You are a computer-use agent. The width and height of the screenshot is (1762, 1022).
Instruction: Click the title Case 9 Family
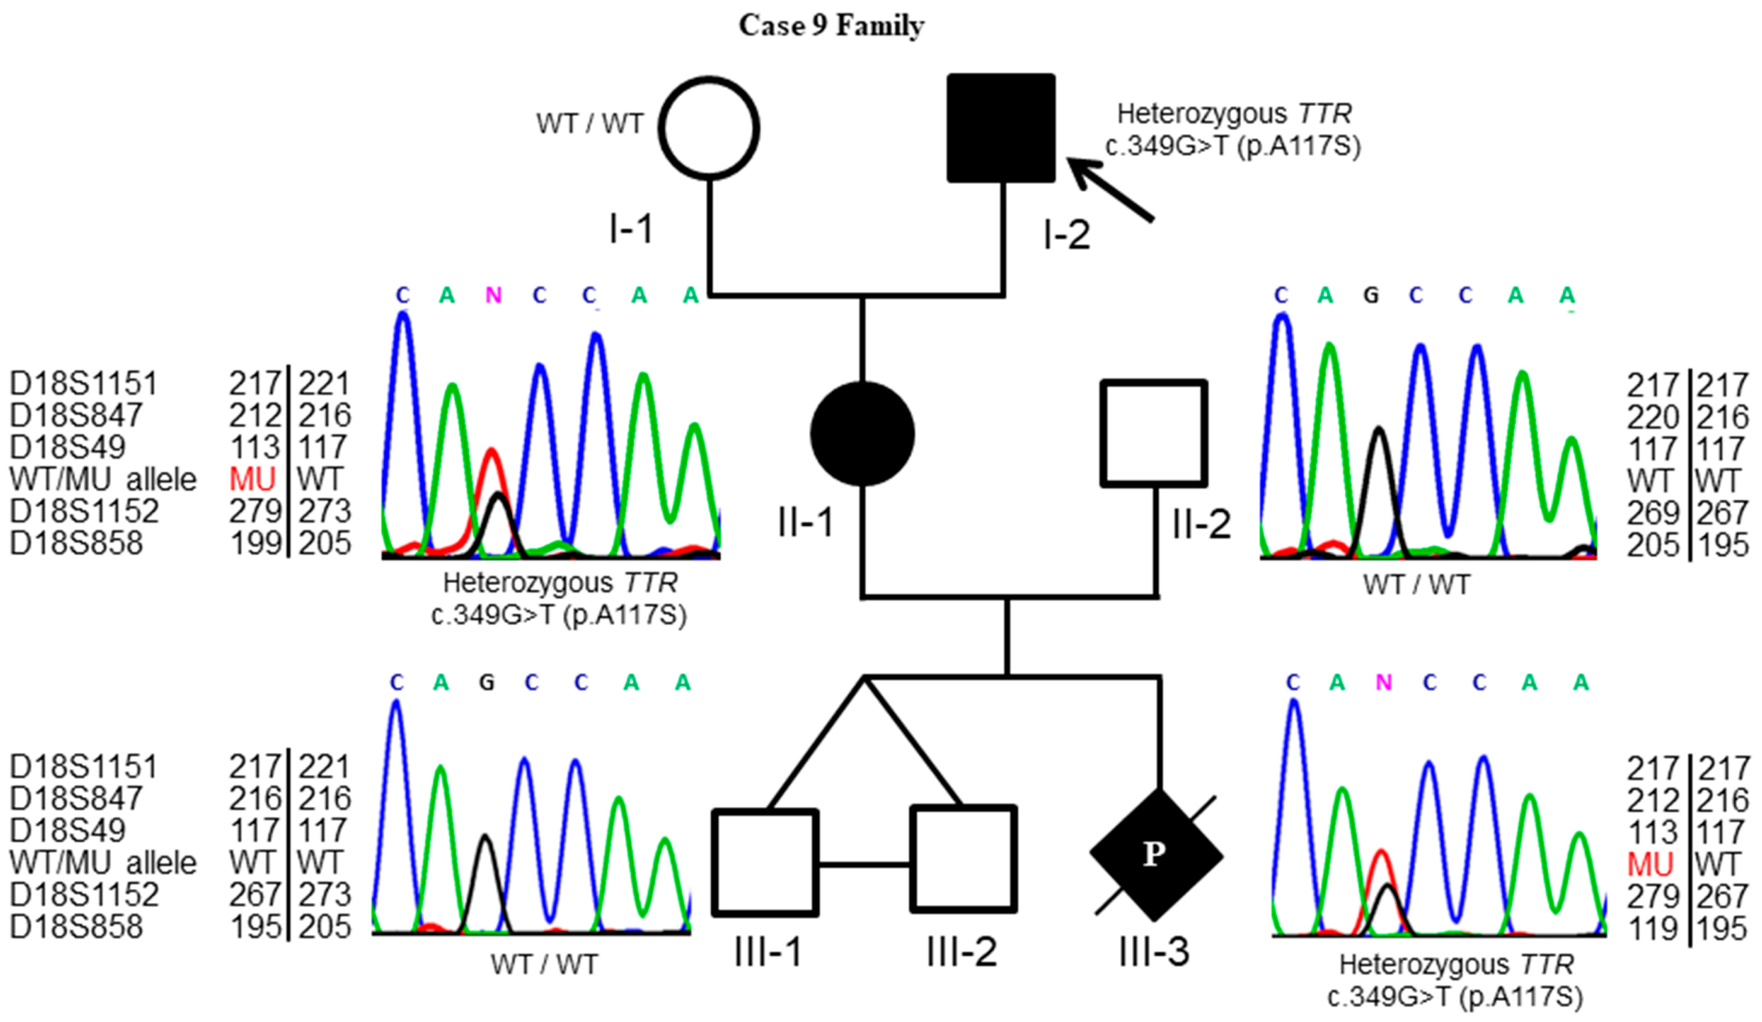pyautogui.click(x=831, y=26)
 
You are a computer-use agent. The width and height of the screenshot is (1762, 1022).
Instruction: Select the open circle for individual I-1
pyautogui.click(x=709, y=128)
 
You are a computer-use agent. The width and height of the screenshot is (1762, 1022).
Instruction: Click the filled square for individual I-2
pyautogui.click(x=1000, y=128)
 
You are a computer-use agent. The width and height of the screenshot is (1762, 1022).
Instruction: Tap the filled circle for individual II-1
pyautogui.click(x=862, y=433)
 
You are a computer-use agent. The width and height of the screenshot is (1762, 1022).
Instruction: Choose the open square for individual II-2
pyautogui.click(x=1154, y=433)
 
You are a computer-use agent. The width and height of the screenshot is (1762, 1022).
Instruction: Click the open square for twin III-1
pyautogui.click(x=766, y=863)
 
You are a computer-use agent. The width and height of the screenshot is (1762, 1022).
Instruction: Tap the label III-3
pyautogui.click(x=1154, y=952)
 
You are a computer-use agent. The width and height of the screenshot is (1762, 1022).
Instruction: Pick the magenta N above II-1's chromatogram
pyautogui.click(x=494, y=296)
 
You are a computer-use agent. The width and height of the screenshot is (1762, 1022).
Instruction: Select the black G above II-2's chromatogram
pyautogui.click(x=1371, y=296)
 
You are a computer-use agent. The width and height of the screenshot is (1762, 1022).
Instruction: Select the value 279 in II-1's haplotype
pyautogui.click(x=255, y=511)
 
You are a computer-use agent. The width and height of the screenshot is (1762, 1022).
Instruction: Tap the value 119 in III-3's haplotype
pyautogui.click(x=1653, y=930)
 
